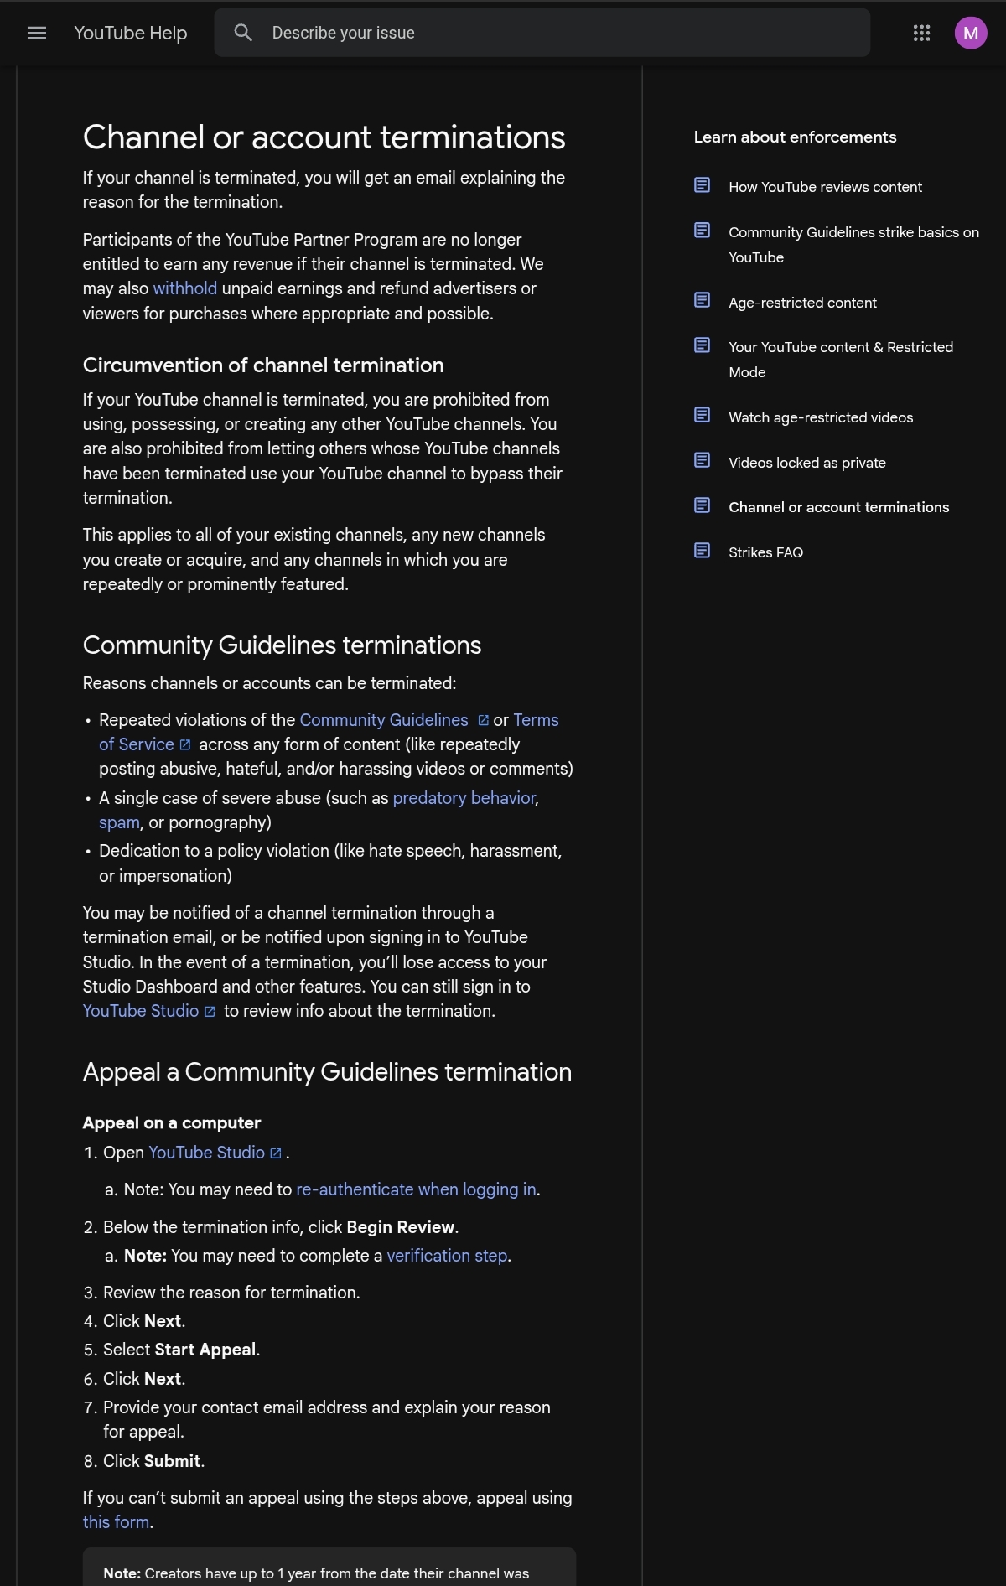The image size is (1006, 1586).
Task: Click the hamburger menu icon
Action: (x=37, y=33)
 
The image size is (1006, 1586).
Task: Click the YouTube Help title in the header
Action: (x=131, y=33)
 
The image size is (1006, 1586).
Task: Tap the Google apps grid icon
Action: (x=921, y=33)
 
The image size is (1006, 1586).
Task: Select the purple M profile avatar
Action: (x=970, y=33)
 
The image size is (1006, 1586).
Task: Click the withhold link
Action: (x=184, y=288)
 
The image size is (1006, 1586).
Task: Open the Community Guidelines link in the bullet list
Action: (x=384, y=720)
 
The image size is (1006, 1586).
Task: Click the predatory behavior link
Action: (x=464, y=798)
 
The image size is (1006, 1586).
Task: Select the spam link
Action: (x=119, y=822)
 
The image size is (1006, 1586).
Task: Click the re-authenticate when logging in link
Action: (x=416, y=1189)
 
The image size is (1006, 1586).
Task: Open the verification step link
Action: (x=447, y=1256)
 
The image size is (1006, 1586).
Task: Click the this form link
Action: (x=116, y=1522)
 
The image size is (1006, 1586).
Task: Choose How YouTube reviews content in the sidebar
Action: (x=825, y=187)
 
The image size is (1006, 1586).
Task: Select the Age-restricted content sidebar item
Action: (x=802, y=303)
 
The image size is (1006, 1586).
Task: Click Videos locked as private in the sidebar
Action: (x=806, y=463)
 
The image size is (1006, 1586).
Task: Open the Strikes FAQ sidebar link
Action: (x=765, y=552)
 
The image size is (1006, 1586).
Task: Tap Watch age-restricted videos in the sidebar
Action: (x=821, y=417)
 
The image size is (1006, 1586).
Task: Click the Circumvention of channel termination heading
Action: (x=263, y=365)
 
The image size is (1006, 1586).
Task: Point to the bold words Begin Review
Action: (x=400, y=1227)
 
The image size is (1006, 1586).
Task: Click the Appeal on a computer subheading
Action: (x=172, y=1123)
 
